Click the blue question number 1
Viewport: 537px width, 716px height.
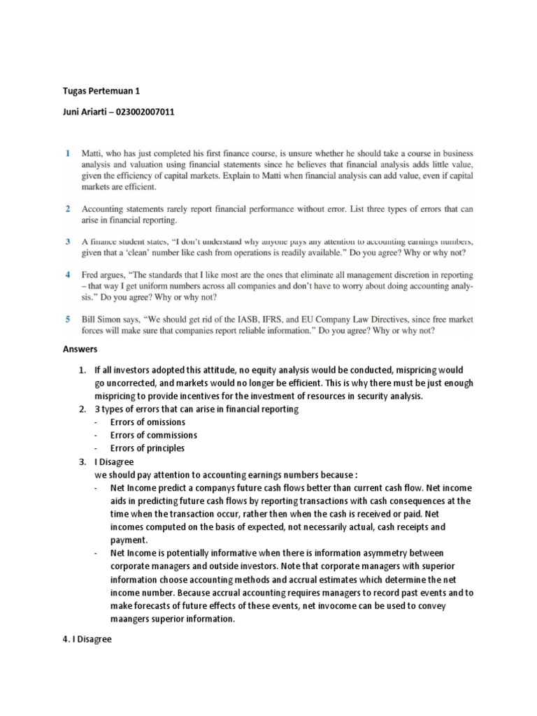[68, 152]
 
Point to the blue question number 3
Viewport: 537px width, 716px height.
[68, 241]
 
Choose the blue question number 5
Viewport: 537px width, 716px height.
[68, 319]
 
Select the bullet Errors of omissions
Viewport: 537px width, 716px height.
[148, 422]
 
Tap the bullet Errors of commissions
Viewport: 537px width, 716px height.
[153, 435]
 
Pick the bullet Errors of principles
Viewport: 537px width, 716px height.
[148, 448]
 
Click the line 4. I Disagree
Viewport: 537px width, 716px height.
[93, 638]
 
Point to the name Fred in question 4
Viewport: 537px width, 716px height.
[91, 275]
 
